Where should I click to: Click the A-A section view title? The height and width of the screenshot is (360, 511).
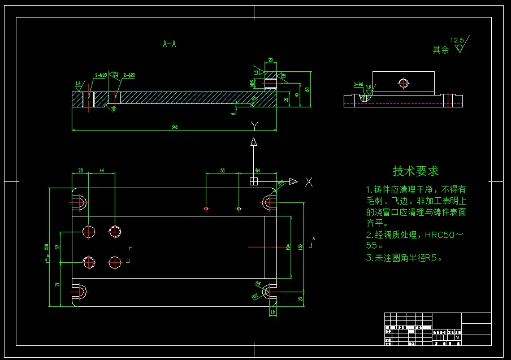[x=169, y=44]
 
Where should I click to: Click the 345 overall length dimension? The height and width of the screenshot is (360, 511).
[x=175, y=127]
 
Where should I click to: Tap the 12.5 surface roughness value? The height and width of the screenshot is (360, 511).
[x=457, y=40]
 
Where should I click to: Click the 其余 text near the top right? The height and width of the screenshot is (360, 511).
[x=440, y=50]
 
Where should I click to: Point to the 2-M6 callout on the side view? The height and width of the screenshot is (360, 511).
[x=358, y=84]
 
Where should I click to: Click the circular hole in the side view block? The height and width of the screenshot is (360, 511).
[x=403, y=84]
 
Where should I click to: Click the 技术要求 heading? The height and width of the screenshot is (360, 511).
[x=415, y=171]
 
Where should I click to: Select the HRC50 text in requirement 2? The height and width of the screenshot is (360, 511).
[x=439, y=235]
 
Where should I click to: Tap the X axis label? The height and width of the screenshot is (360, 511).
[x=309, y=181]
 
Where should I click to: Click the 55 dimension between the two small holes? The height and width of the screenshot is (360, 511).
[x=222, y=170]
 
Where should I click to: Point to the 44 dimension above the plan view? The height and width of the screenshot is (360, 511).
[x=102, y=170]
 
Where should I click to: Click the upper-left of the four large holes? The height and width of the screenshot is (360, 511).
[x=89, y=231]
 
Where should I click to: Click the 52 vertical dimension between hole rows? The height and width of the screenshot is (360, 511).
[x=58, y=247]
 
